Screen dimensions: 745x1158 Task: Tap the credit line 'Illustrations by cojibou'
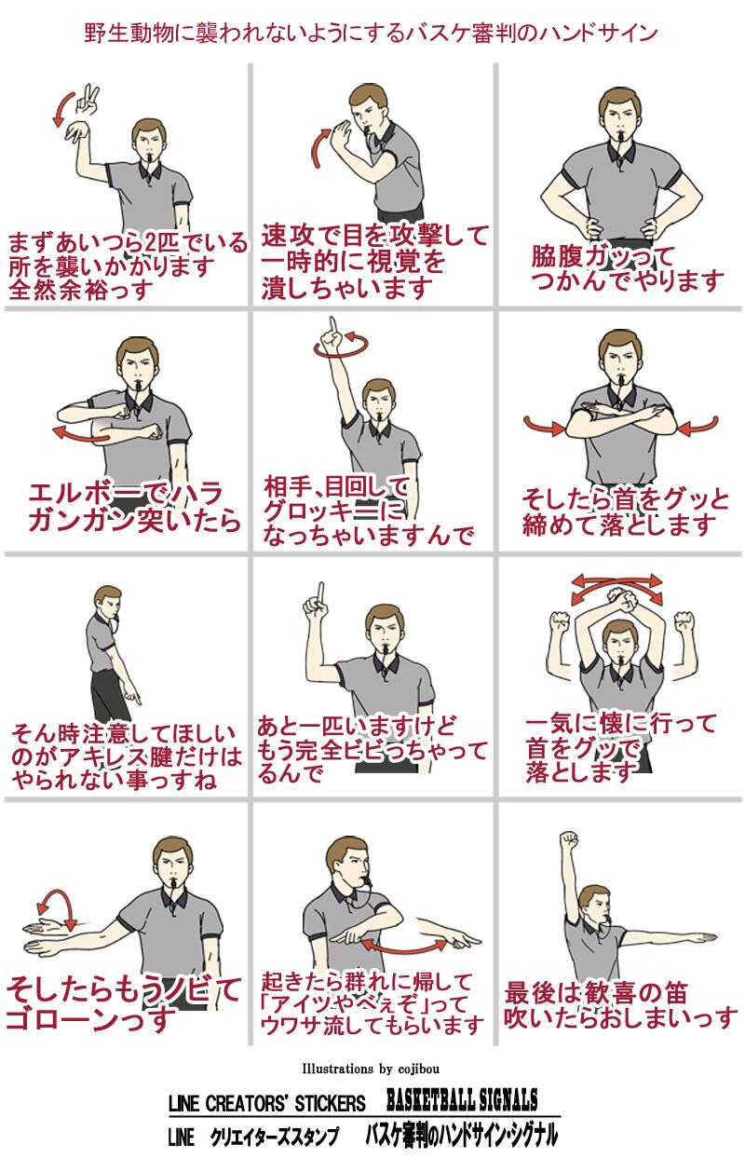[x=371, y=1068]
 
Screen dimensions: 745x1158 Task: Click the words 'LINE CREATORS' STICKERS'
[x=266, y=1103]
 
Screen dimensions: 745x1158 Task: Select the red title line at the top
[x=371, y=34]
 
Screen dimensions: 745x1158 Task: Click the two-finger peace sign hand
[x=88, y=100]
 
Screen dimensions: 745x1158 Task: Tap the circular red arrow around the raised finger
[x=342, y=346]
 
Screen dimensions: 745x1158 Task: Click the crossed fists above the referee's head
[x=624, y=599]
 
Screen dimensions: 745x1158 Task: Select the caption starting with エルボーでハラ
[x=135, y=507]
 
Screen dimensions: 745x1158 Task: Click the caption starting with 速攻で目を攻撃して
[x=374, y=262]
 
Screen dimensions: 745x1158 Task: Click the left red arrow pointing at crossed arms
[x=545, y=426]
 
